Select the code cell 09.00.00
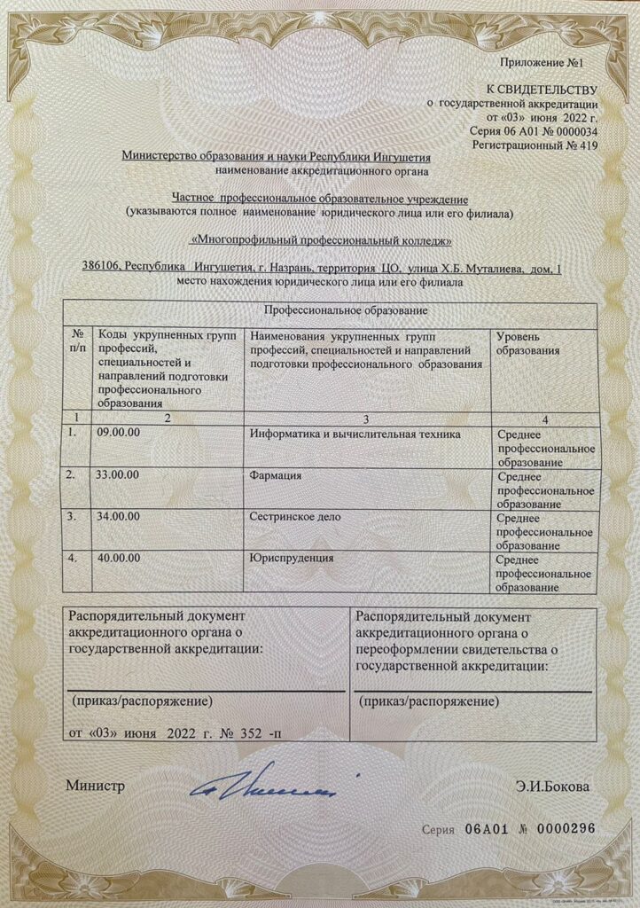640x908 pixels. tap(120, 432)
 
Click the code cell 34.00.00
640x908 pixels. tap(120, 515)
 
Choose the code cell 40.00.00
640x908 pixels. tap(120, 557)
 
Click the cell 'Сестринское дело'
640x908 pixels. tap(295, 515)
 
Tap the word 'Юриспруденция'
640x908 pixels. tap(292, 557)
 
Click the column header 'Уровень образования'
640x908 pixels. tap(528, 344)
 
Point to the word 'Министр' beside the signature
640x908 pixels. tap(95, 786)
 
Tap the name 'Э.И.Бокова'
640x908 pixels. tap(552, 786)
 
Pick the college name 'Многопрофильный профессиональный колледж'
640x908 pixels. tap(321, 240)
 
